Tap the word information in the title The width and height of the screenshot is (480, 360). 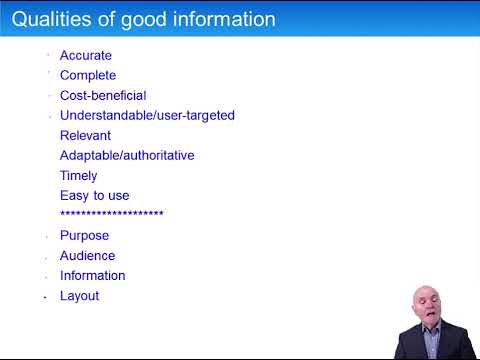point(220,19)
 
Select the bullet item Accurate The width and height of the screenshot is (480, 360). point(86,56)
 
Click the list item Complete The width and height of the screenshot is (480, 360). point(88,76)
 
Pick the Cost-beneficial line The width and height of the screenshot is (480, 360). point(103,96)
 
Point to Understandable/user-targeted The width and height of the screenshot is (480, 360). point(147,116)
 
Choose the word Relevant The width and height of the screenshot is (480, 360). point(85,136)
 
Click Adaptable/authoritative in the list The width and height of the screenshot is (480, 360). point(127,156)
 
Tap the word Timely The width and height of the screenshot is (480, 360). point(79,176)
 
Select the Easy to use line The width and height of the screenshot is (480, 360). point(95,196)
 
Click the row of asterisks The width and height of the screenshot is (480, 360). point(112,215)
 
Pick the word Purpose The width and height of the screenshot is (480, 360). point(85,236)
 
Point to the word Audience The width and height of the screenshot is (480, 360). point(88,256)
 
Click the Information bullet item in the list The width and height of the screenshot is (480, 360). point(93,276)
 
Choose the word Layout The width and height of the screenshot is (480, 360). point(80,296)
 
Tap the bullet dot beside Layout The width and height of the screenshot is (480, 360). point(46,297)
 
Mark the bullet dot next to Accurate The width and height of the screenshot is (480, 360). point(47,56)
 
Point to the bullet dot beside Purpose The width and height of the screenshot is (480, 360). point(46,237)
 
